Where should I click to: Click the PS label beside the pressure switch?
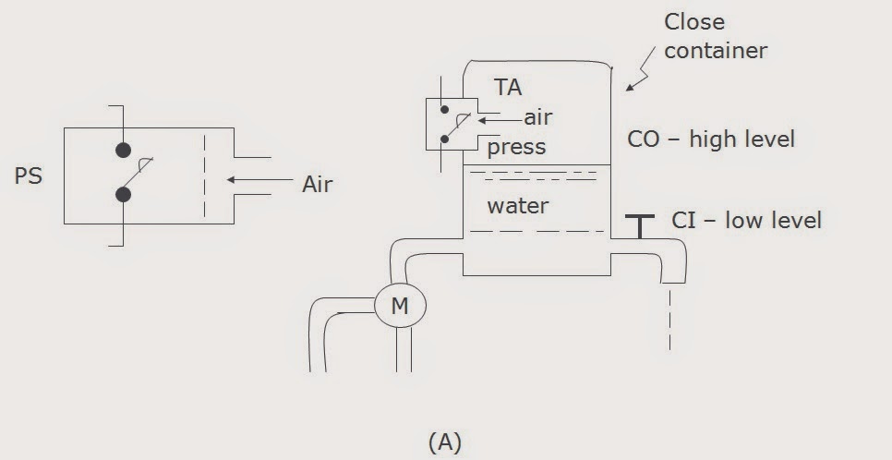(x=29, y=176)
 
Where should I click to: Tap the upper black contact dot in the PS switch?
(x=122, y=151)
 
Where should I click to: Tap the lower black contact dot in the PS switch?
(x=122, y=194)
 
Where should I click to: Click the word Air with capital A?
(x=317, y=184)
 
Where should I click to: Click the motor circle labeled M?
(x=399, y=305)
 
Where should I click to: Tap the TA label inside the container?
(x=508, y=88)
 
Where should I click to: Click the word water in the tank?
(x=518, y=205)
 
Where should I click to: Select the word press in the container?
(x=517, y=147)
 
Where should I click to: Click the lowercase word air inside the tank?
(x=537, y=117)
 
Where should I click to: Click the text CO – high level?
(x=711, y=139)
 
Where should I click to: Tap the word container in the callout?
(x=716, y=50)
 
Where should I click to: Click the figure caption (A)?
(x=445, y=442)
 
